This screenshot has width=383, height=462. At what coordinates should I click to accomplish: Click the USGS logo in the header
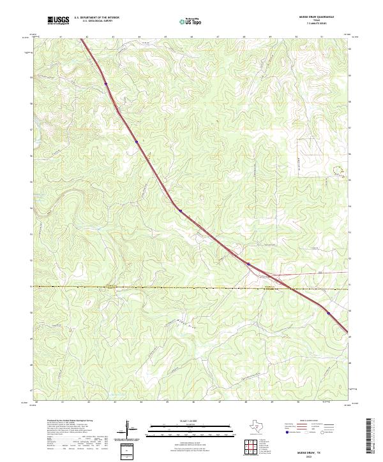coord(58,20)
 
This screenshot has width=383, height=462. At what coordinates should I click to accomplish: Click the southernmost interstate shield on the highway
coord(329,313)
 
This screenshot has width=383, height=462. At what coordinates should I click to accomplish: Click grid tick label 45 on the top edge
coord(166,37)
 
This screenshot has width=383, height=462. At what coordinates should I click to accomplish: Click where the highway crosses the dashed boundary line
coord(291,288)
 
